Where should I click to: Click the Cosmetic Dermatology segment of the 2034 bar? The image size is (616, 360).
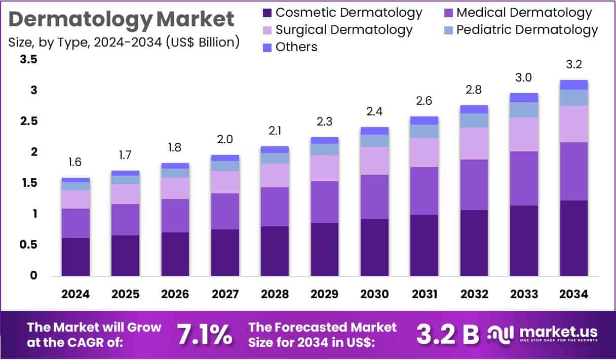[x=573, y=238]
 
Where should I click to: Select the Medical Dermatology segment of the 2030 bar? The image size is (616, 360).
[x=374, y=196]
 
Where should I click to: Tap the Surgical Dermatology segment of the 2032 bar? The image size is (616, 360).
[x=474, y=143]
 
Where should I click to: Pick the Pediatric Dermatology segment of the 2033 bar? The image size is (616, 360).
[x=524, y=110]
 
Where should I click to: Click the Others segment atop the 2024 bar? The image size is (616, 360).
[x=75, y=180]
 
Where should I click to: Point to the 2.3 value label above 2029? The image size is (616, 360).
[x=324, y=122]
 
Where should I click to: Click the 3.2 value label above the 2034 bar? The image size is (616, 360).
[x=573, y=64]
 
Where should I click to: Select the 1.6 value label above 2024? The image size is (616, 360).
[x=75, y=162]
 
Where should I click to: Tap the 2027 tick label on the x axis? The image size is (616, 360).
[x=225, y=294]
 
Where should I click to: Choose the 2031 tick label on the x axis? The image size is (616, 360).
[x=424, y=294]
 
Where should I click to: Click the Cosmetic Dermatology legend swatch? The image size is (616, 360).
[x=267, y=13]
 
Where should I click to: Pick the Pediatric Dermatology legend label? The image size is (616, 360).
[x=527, y=30]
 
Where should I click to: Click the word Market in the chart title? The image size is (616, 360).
[x=196, y=19]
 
